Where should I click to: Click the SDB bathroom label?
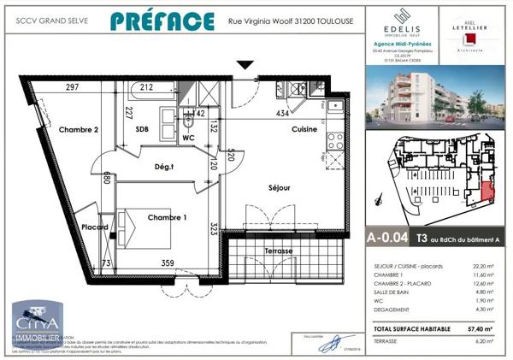point(142,129)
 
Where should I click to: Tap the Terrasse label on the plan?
point(279,251)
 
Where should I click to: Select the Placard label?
point(94,227)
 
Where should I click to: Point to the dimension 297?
point(72,87)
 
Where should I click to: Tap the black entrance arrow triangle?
point(245,65)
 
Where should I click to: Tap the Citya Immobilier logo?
point(34,323)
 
